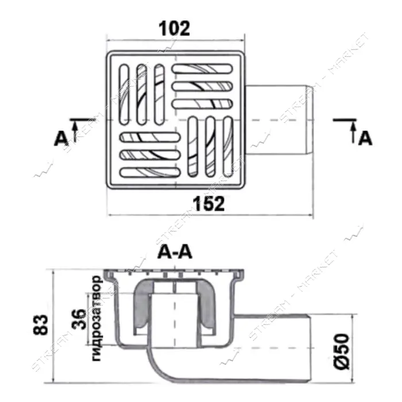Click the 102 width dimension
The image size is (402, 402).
pyautogui.click(x=175, y=28)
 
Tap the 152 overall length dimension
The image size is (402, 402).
pyautogui.click(x=208, y=203)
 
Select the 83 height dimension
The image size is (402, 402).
pyautogui.click(x=41, y=324)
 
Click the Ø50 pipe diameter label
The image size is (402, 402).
pyautogui.click(x=343, y=351)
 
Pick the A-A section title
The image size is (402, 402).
pyautogui.click(x=175, y=252)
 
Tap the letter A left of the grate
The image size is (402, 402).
pyautogui.click(x=61, y=139)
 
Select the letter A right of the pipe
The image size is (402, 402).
pyautogui.click(x=365, y=138)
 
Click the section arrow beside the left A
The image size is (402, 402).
pyautogui.click(x=75, y=132)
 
